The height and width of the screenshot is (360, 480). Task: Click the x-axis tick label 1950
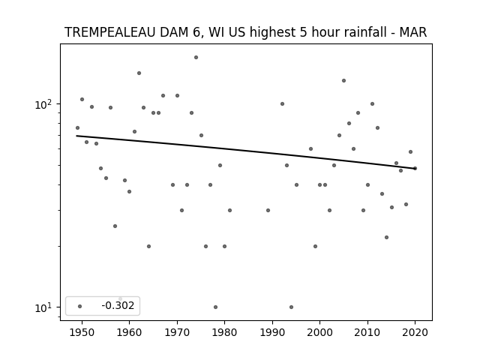pyautogui.click(x=82, y=332)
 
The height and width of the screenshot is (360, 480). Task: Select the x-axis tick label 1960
pyautogui.click(x=129, y=332)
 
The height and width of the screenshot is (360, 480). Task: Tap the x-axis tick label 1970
pyautogui.click(x=177, y=332)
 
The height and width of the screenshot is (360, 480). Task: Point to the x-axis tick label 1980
pyautogui.click(x=224, y=332)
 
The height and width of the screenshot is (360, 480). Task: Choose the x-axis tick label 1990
pyautogui.click(x=272, y=332)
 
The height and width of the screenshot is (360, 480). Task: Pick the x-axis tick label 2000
pyautogui.click(x=319, y=332)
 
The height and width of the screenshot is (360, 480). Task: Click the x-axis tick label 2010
pyautogui.click(x=367, y=332)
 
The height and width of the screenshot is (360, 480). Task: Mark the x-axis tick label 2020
pyautogui.click(x=415, y=332)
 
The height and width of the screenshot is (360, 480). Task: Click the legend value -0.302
pyautogui.click(x=118, y=305)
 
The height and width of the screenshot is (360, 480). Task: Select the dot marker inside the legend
pyautogui.click(x=80, y=306)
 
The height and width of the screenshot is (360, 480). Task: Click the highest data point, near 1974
pyautogui.click(x=196, y=57)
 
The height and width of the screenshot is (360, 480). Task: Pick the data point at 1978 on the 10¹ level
pyautogui.click(x=215, y=307)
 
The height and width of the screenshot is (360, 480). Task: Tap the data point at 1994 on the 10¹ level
pyautogui.click(x=291, y=307)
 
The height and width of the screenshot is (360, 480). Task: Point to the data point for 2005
pyautogui.click(x=343, y=80)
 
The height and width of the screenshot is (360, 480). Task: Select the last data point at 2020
pyautogui.click(x=415, y=168)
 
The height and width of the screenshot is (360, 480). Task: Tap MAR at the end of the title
pyautogui.click(x=413, y=32)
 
